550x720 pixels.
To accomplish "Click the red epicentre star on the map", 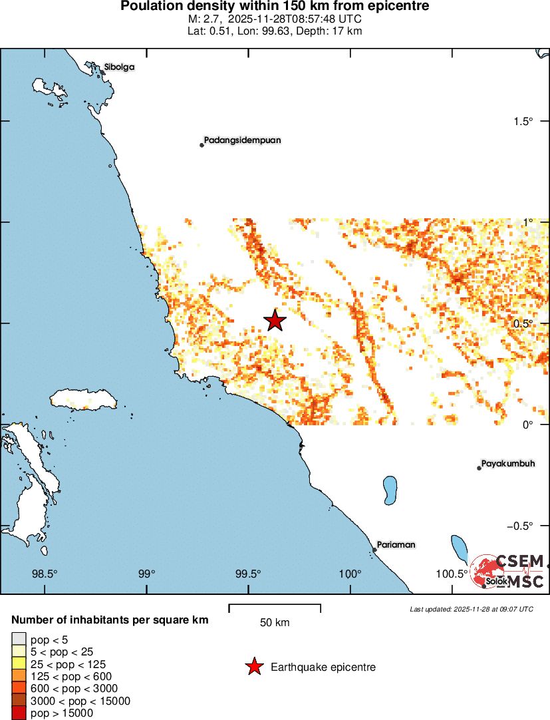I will click(x=275, y=320).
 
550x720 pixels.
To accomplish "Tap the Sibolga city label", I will click(x=119, y=67).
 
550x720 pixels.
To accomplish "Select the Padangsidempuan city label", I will click(x=242, y=140).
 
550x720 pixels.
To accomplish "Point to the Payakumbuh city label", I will click(x=507, y=463).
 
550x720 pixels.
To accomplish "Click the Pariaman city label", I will click(x=396, y=544).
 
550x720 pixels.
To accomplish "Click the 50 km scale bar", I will click(x=275, y=608).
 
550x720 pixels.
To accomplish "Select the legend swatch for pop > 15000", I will click(x=19, y=713).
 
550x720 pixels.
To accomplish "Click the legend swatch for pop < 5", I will click(x=19, y=640).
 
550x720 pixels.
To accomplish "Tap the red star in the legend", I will click(x=253, y=667).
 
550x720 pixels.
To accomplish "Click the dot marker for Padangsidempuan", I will click(x=202, y=145).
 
